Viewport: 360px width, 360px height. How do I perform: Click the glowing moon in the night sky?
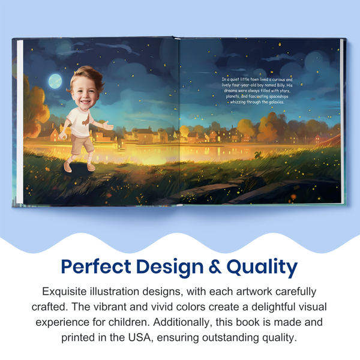pyautogui.click(x=55, y=80)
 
